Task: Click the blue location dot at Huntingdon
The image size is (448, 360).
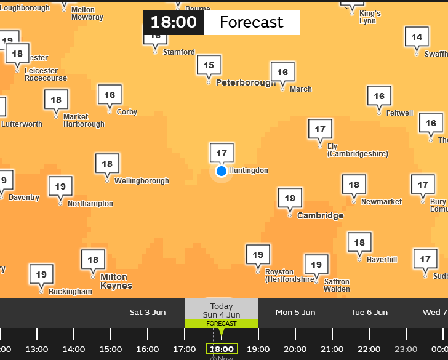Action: click(x=222, y=170)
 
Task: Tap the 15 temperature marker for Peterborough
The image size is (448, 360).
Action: click(x=209, y=65)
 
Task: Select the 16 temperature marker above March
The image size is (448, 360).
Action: click(x=282, y=72)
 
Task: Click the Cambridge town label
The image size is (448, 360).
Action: click(x=320, y=216)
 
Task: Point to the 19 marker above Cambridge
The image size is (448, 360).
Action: click(x=290, y=198)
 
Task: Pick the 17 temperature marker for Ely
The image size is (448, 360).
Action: click(x=320, y=129)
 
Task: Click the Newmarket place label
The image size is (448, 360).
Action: click(x=382, y=202)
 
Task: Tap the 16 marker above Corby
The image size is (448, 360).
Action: click(x=110, y=95)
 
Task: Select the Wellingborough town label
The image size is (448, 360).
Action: click(x=142, y=181)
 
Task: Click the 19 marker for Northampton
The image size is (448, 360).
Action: click(x=60, y=186)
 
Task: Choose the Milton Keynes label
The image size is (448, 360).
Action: click(x=116, y=281)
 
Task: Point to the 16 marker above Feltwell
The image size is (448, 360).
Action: click(x=379, y=96)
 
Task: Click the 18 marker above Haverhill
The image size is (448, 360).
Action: click(x=359, y=242)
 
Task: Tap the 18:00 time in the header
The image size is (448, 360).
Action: click(x=174, y=23)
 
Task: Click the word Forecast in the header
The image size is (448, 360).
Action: click(x=251, y=23)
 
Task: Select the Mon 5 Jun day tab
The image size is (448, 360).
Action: click(x=295, y=313)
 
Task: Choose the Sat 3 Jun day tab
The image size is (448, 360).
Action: click(x=148, y=313)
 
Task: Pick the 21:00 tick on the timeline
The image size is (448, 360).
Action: click(x=332, y=349)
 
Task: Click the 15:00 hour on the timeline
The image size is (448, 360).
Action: click(x=111, y=349)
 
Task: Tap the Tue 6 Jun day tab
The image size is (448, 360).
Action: click(x=369, y=313)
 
